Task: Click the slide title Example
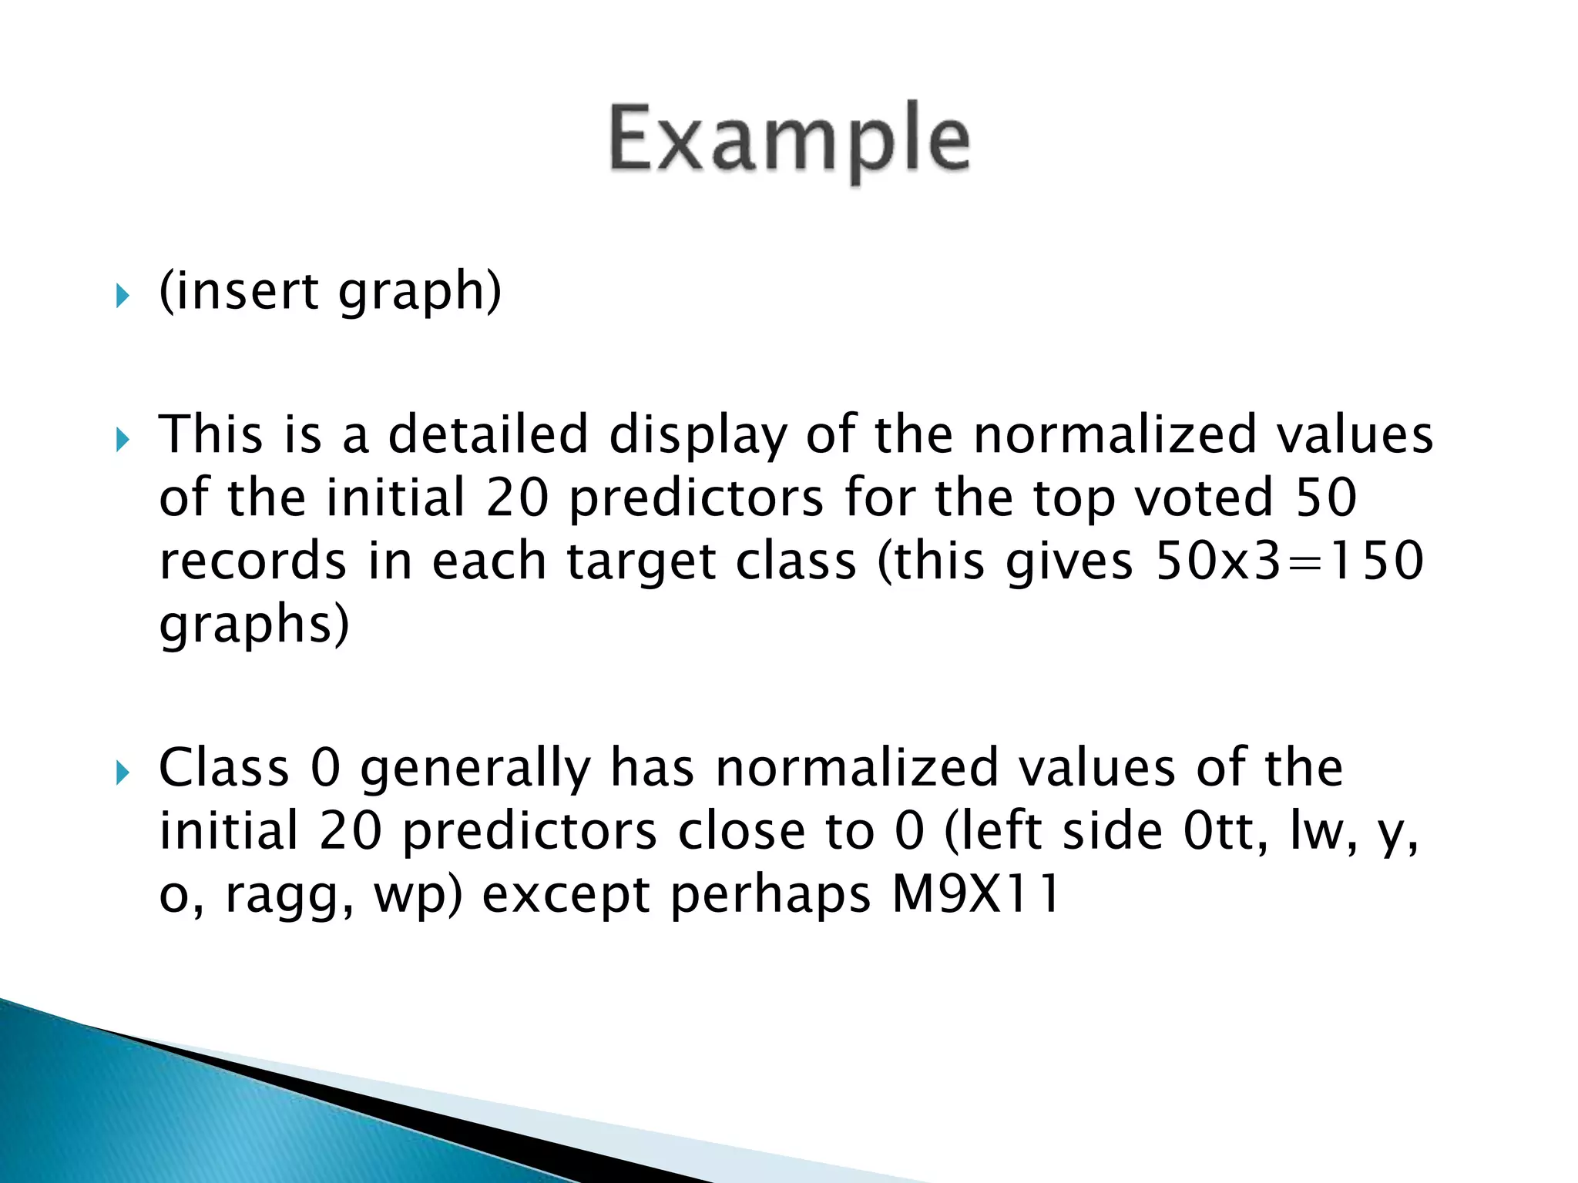click(x=789, y=140)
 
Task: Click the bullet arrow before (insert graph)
click(x=123, y=295)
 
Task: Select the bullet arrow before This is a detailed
click(x=123, y=440)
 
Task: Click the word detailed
click(x=488, y=434)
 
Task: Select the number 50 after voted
click(x=1326, y=498)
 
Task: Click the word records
click(x=253, y=561)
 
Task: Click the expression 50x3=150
click(x=1289, y=561)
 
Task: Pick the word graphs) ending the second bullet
click(x=253, y=625)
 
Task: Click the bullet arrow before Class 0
click(x=123, y=772)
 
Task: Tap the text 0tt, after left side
click(x=1226, y=832)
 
